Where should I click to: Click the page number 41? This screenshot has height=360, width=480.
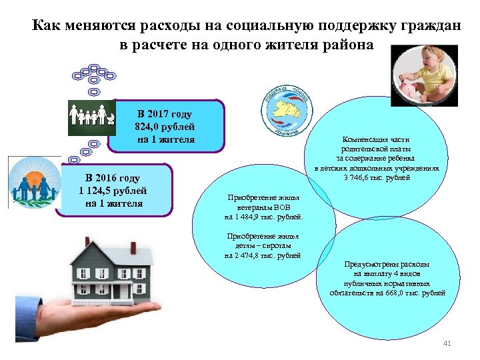447,343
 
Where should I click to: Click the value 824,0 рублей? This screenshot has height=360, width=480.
165,127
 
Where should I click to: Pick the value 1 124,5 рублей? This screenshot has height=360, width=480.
113,191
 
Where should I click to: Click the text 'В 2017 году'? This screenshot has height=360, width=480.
165,114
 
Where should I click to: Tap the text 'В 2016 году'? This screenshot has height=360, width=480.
113,178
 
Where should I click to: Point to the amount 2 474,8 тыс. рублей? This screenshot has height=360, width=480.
263,255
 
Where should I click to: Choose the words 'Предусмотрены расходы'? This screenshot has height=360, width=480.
391,265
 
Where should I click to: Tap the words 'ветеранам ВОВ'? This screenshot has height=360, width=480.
263,207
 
